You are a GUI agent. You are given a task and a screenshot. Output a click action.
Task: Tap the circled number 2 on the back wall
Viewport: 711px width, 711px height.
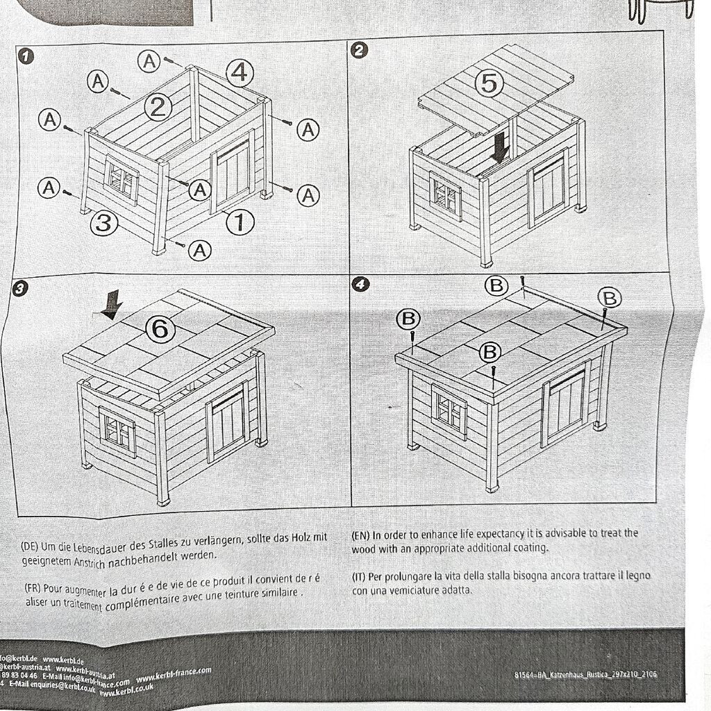[158, 106]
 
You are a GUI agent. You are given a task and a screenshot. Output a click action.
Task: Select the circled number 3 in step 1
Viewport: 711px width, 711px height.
[103, 223]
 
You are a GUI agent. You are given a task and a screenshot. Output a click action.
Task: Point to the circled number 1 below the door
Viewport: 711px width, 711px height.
[240, 221]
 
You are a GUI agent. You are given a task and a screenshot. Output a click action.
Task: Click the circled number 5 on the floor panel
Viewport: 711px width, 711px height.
[490, 83]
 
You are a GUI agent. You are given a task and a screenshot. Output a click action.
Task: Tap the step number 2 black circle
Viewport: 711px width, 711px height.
[360, 49]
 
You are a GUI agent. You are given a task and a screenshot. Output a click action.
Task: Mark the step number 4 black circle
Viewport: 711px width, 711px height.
[358, 283]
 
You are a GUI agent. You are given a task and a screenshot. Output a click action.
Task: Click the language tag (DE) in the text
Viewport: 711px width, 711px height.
[31, 546]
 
